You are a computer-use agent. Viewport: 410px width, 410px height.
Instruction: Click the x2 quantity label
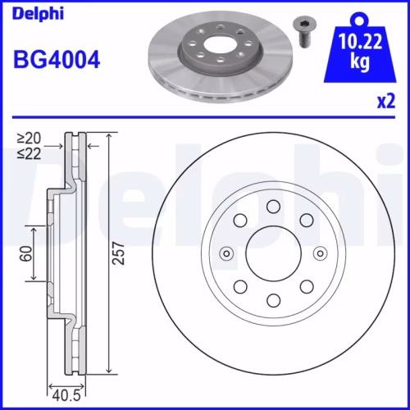tap(385, 102)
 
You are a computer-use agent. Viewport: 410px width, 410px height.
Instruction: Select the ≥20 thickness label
tap(33, 139)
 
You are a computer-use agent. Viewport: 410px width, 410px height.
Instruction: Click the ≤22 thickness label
tap(33, 154)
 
